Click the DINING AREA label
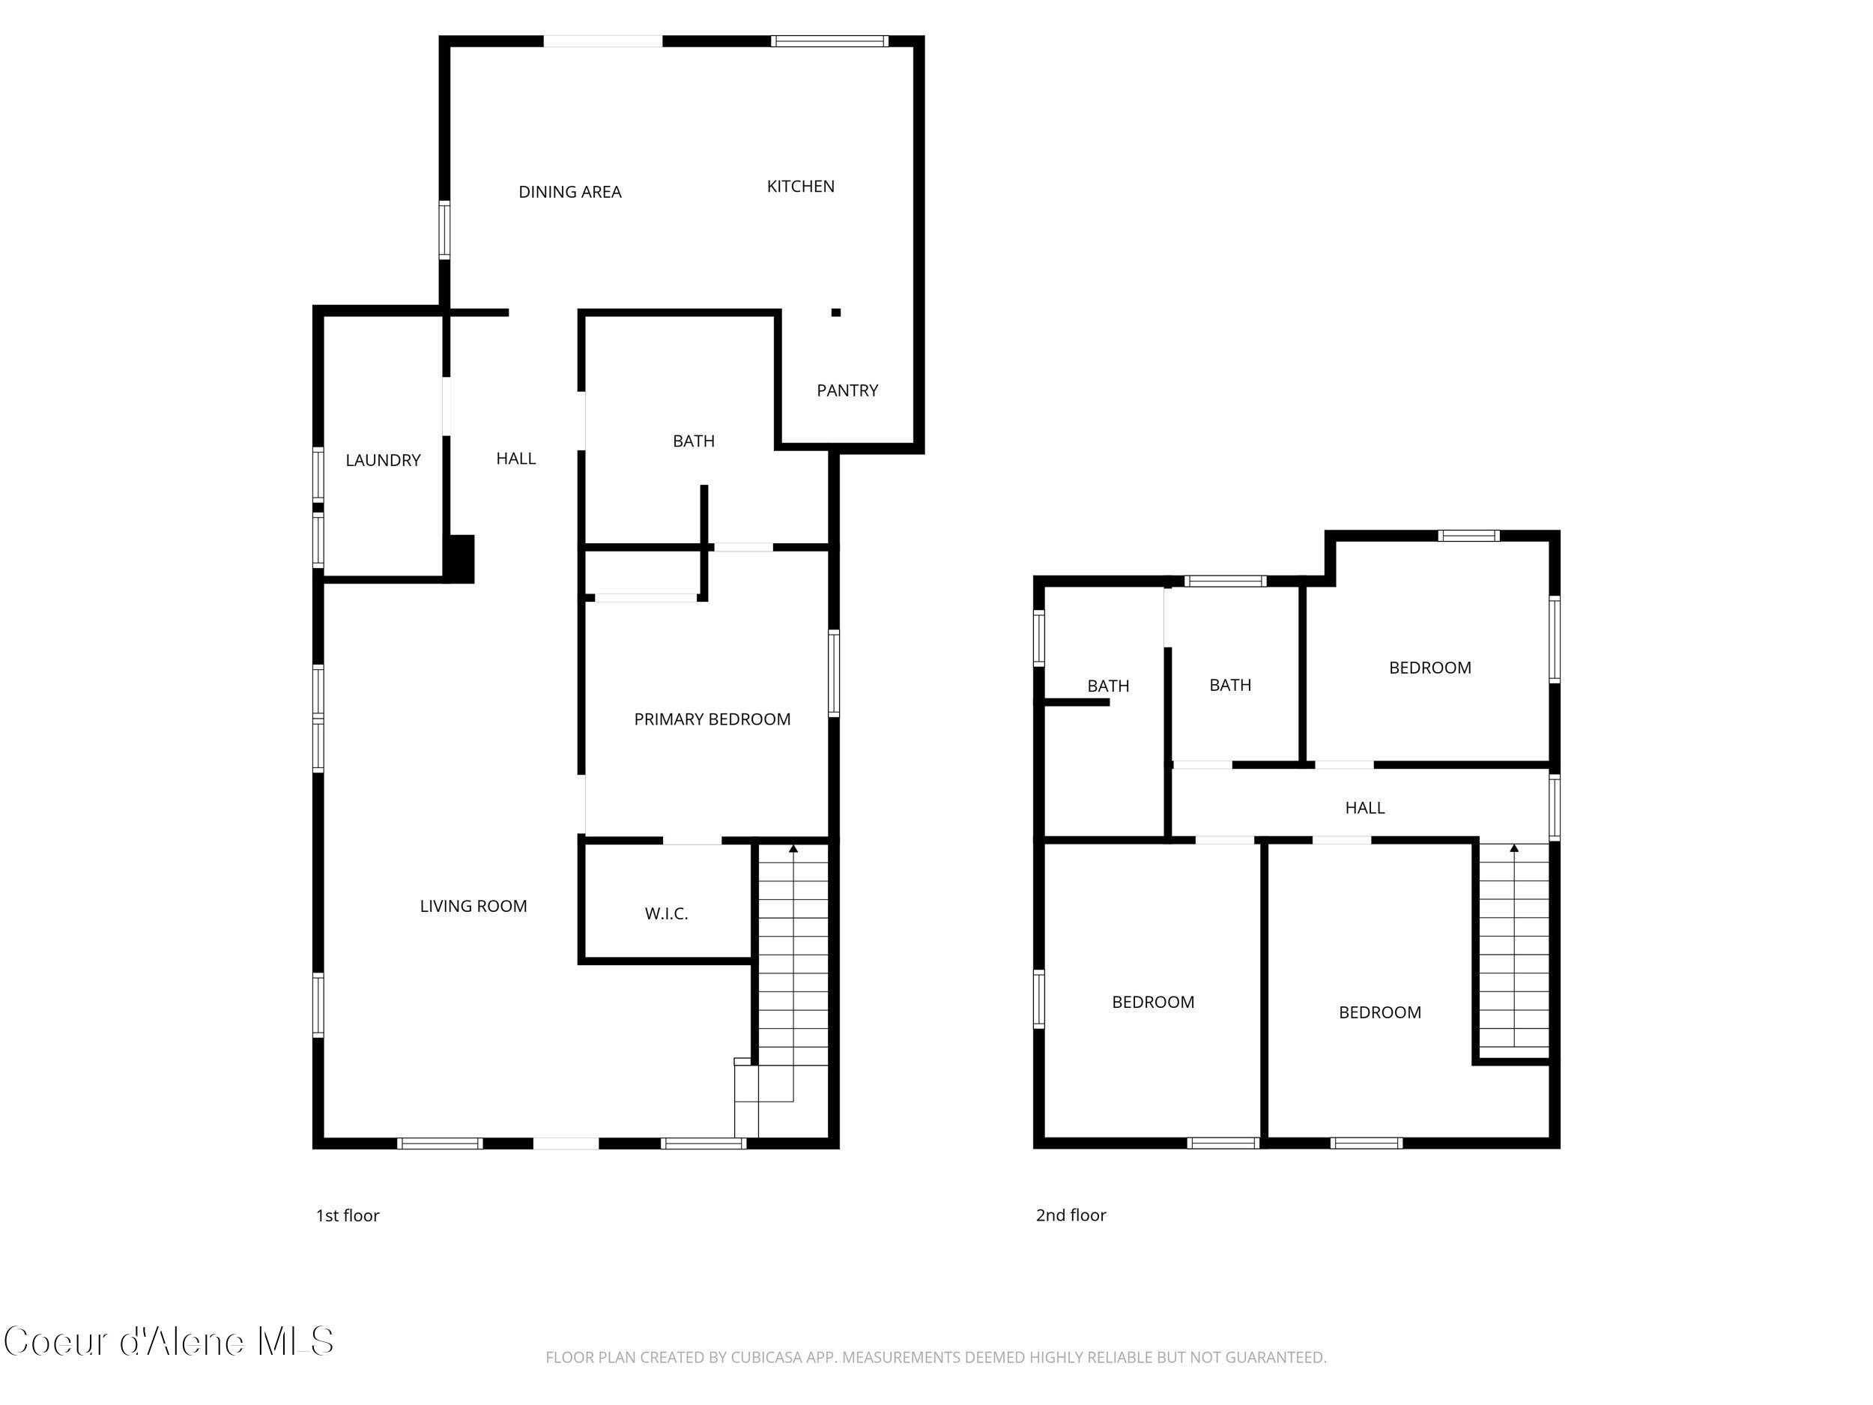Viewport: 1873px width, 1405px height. [x=570, y=193]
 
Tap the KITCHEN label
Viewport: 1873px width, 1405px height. [x=800, y=187]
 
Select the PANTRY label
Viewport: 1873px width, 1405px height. [x=847, y=390]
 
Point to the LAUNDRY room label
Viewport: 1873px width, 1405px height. [x=383, y=460]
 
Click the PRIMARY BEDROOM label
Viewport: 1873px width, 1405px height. [x=712, y=719]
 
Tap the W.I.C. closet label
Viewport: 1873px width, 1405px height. [x=666, y=913]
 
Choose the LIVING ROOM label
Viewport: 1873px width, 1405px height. [x=473, y=906]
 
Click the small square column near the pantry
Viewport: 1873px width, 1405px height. [x=836, y=312]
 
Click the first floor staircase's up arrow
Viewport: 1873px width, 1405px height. [x=793, y=847]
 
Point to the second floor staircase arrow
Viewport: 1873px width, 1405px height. [x=1514, y=847]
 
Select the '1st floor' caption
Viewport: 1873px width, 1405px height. [x=347, y=1215]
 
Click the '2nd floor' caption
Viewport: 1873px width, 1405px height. [x=1071, y=1215]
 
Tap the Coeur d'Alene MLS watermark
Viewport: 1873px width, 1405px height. [x=169, y=1341]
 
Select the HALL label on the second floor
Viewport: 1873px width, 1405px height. [x=1364, y=808]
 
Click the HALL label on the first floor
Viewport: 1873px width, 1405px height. [x=515, y=458]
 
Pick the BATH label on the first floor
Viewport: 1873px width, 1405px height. [x=694, y=441]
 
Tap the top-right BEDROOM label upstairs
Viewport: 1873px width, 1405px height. [x=1429, y=668]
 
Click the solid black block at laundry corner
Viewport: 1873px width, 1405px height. [x=461, y=558]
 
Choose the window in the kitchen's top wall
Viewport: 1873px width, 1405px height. [x=829, y=40]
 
